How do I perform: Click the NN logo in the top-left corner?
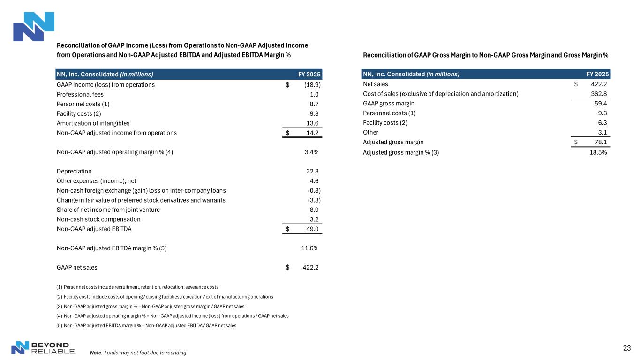click(x=34, y=27)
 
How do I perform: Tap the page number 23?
click(x=627, y=348)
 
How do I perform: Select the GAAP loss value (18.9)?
click(x=312, y=85)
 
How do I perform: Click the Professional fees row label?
click(x=80, y=94)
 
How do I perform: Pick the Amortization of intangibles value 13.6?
click(x=312, y=123)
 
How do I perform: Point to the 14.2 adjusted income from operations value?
click(x=312, y=133)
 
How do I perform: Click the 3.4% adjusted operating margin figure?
click(x=311, y=152)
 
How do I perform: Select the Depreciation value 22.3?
click(x=312, y=171)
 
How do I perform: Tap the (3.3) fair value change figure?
click(x=314, y=200)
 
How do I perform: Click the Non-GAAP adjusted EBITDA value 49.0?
click(x=312, y=229)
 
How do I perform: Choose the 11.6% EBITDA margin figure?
click(x=310, y=248)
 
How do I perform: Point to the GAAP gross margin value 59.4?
click(x=601, y=104)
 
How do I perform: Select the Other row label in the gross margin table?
click(x=370, y=132)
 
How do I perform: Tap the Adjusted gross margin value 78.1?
click(x=601, y=142)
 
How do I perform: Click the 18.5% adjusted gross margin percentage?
click(x=598, y=152)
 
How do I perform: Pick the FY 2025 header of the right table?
click(x=598, y=74)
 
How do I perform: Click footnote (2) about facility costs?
click(x=165, y=297)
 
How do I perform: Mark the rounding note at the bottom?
click(x=138, y=352)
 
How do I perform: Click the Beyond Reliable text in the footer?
click(x=53, y=348)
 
